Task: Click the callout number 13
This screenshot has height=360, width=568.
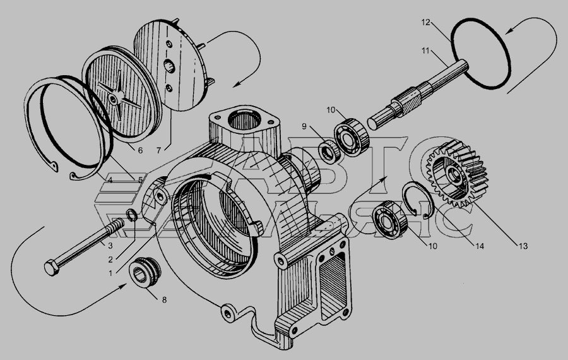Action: [523, 246]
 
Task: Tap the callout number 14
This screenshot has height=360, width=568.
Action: [479, 246]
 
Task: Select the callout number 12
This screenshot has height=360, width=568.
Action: [425, 22]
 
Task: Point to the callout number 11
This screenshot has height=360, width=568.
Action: [425, 51]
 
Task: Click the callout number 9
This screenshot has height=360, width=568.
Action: [304, 126]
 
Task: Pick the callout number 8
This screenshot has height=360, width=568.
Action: [164, 300]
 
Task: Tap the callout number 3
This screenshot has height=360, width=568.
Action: [110, 246]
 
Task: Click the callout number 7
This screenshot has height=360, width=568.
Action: [158, 150]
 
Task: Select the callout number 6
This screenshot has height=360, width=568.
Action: [140, 150]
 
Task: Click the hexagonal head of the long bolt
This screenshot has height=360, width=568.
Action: [52, 268]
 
